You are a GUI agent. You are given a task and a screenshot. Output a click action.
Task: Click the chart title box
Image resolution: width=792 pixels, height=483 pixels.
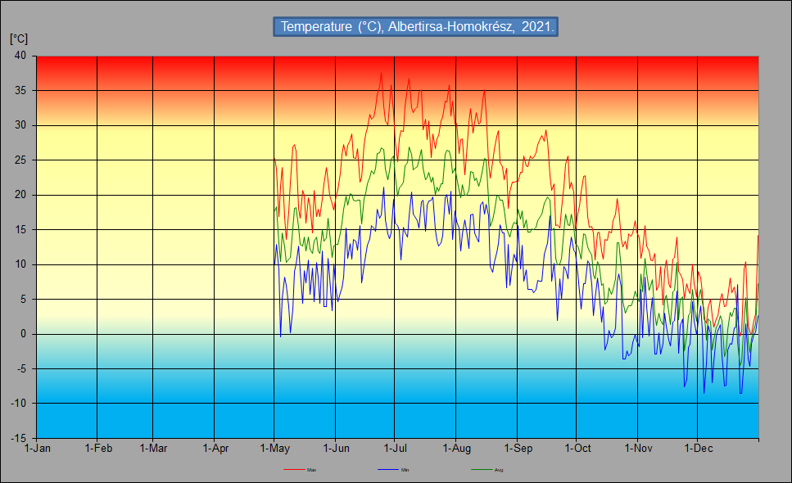(x=415, y=26)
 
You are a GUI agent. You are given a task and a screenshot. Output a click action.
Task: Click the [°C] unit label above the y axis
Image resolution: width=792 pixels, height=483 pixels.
(x=19, y=38)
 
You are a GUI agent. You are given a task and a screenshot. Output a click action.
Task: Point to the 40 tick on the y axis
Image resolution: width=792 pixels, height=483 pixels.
(x=20, y=56)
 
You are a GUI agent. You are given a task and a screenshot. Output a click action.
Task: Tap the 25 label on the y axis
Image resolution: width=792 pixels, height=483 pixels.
(x=20, y=160)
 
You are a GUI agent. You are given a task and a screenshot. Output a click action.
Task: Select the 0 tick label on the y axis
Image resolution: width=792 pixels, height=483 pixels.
(x=23, y=334)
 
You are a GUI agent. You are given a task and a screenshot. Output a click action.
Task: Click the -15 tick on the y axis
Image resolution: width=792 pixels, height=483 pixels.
(x=18, y=439)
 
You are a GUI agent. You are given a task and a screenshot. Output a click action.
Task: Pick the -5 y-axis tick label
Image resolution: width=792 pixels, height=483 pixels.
(x=20, y=369)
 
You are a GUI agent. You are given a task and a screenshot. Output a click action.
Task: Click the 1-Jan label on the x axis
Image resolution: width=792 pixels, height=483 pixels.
(x=38, y=449)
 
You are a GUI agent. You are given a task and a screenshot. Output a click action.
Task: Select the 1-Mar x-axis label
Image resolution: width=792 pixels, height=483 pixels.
(x=153, y=449)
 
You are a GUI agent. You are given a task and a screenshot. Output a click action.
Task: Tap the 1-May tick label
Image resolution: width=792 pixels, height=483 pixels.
(x=274, y=449)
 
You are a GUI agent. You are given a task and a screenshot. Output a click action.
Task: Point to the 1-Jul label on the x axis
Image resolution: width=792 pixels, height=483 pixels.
(x=396, y=449)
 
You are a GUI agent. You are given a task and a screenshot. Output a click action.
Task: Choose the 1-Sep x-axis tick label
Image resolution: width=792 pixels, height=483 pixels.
(x=518, y=449)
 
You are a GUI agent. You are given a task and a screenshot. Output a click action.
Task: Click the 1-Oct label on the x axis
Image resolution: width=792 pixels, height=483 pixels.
(x=577, y=449)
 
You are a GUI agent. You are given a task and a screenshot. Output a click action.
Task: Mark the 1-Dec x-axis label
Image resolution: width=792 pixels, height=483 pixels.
(x=698, y=449)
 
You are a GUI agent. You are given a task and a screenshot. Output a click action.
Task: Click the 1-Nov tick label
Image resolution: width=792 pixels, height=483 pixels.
(x=638, y=449)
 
